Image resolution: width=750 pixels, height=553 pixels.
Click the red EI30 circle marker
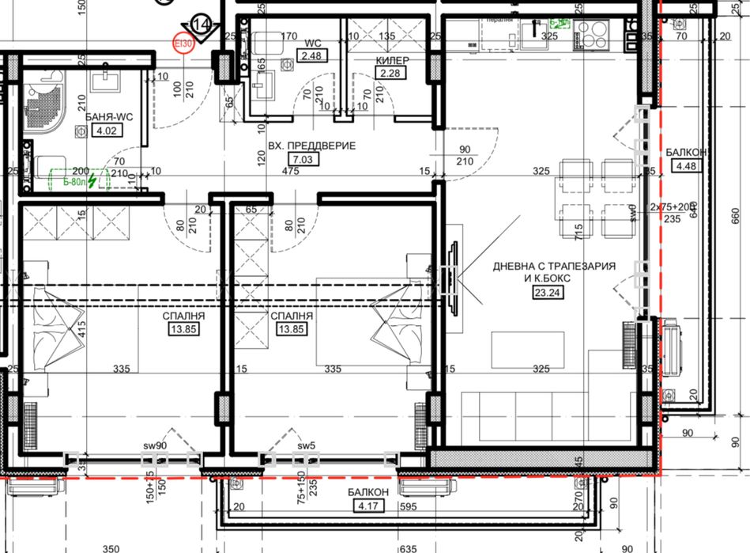183,44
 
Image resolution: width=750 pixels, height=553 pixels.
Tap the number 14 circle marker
203,25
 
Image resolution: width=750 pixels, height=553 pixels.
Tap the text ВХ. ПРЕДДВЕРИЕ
311,146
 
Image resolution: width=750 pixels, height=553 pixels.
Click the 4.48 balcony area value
684,165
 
